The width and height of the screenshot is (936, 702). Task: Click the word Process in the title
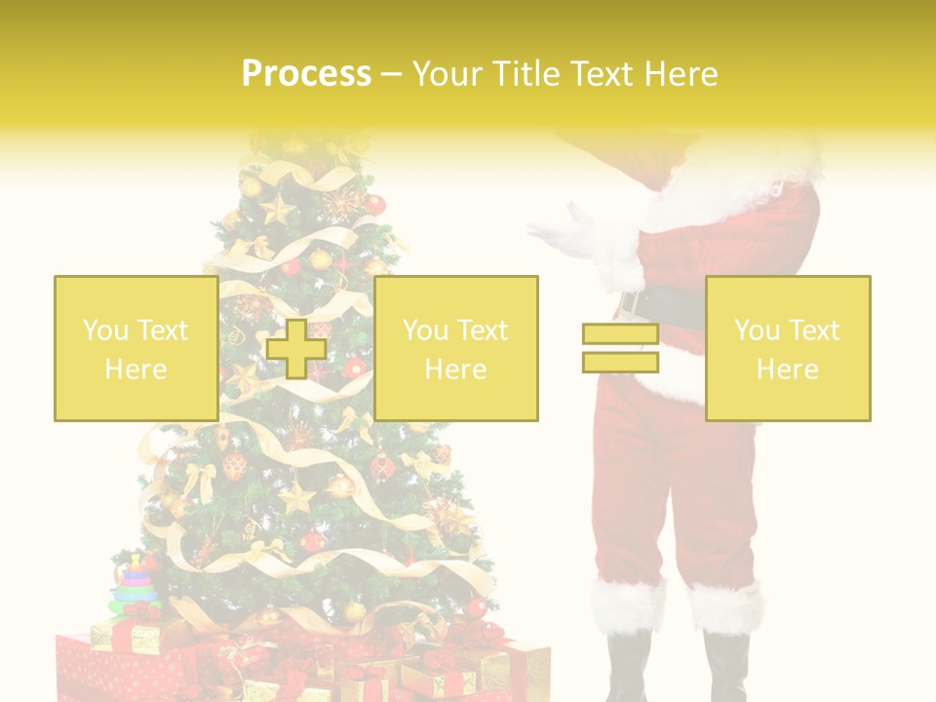tap(306, 74)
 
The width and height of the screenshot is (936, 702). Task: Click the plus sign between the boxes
tap(296, 349)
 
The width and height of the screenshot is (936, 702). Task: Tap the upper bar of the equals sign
tap(620, 334)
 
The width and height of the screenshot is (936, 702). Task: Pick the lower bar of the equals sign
tap(620, 362)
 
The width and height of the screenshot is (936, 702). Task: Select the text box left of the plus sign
tap(136, 349)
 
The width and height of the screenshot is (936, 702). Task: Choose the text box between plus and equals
tap(455, 349)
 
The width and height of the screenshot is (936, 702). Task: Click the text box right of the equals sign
tap(787, 349)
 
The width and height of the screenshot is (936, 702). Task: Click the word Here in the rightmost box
tap(787, 370)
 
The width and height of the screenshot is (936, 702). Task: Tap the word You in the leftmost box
tap(103, 331)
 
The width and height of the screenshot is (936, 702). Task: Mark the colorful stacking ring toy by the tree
tap(136, 585)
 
